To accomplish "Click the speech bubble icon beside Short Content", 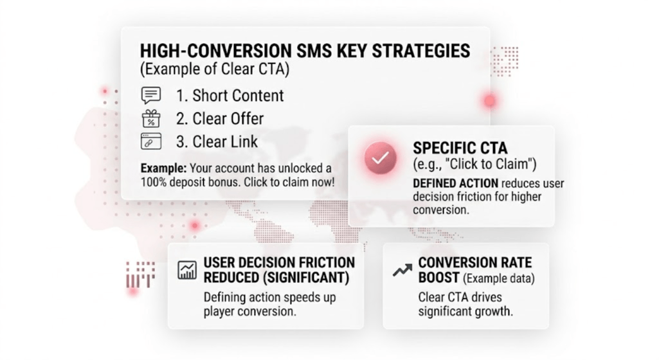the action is (151, 95).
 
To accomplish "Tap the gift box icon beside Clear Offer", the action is (151, 118).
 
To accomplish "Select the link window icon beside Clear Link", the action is (151, 141).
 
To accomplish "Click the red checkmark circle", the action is (381, 158).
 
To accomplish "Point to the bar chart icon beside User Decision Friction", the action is (187, 270).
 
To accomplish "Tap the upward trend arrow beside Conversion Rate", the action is (402, 270).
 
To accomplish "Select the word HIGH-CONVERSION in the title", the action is (215, 51).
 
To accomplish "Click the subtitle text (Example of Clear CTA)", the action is (215, 69).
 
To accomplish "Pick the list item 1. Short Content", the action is (230, 96).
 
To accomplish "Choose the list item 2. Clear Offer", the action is (220, 119).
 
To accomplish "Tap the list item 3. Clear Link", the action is (217, 142).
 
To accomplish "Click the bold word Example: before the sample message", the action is (163, 168).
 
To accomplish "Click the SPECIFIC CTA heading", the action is (460, 148).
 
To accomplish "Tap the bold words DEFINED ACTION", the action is (456, 184).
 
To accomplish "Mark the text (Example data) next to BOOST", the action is (499, 278).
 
